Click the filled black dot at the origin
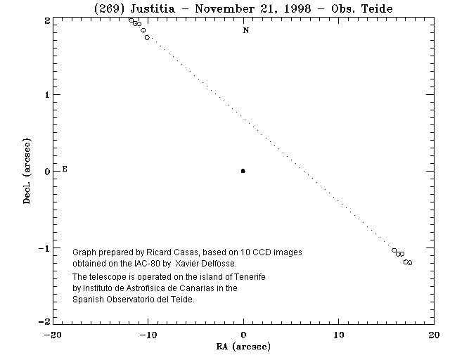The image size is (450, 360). pos(243,171)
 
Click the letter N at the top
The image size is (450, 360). pos(245,30)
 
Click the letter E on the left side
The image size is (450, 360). pos(65,169)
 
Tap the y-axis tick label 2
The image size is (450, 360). pos(46,21)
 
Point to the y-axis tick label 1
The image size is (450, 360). pos(46,94)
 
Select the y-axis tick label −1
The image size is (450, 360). pos(44,248)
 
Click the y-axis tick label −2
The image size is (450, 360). pos(44,321)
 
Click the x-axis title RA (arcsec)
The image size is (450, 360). pos(244,347)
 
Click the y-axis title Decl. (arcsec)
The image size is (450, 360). pos(26,171)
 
